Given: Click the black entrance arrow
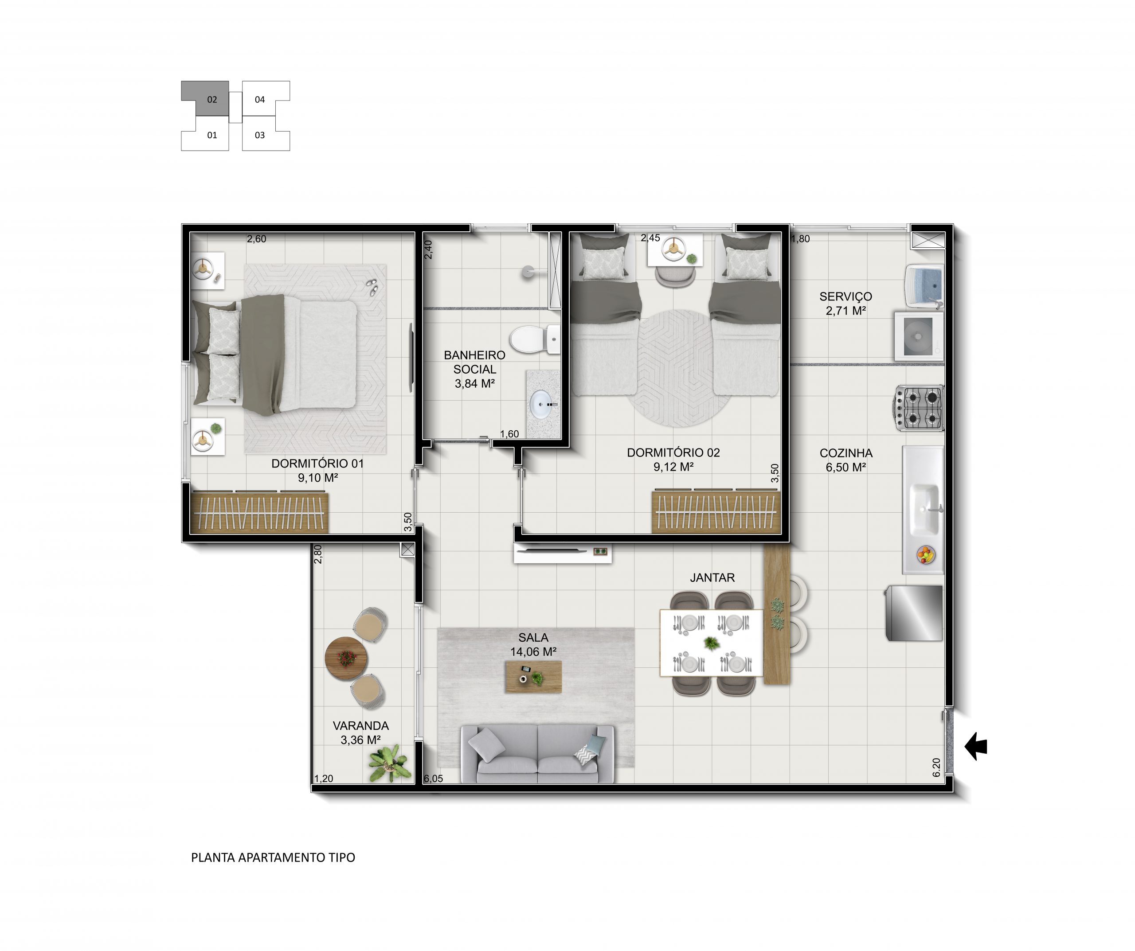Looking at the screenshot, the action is point(976,746).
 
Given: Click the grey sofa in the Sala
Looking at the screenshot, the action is point(537,753).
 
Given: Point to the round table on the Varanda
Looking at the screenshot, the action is point(346,658).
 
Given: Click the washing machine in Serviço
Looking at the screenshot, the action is point(919,336).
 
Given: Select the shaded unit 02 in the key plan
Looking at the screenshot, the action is point(207,99).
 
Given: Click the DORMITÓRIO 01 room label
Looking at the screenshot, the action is point(318,464).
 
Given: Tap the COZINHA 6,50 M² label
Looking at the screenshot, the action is point(846,460).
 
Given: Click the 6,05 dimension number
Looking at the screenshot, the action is point(434,779).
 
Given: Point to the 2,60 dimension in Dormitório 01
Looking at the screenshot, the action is point(257,239).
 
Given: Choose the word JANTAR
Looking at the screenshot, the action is point(712,577).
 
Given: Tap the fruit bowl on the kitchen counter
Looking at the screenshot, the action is point(926,554).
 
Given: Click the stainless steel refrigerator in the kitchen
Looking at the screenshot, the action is point(914,613).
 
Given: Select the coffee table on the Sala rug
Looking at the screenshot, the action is point(533,677).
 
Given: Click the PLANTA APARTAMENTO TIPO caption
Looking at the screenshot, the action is point(273,857).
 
